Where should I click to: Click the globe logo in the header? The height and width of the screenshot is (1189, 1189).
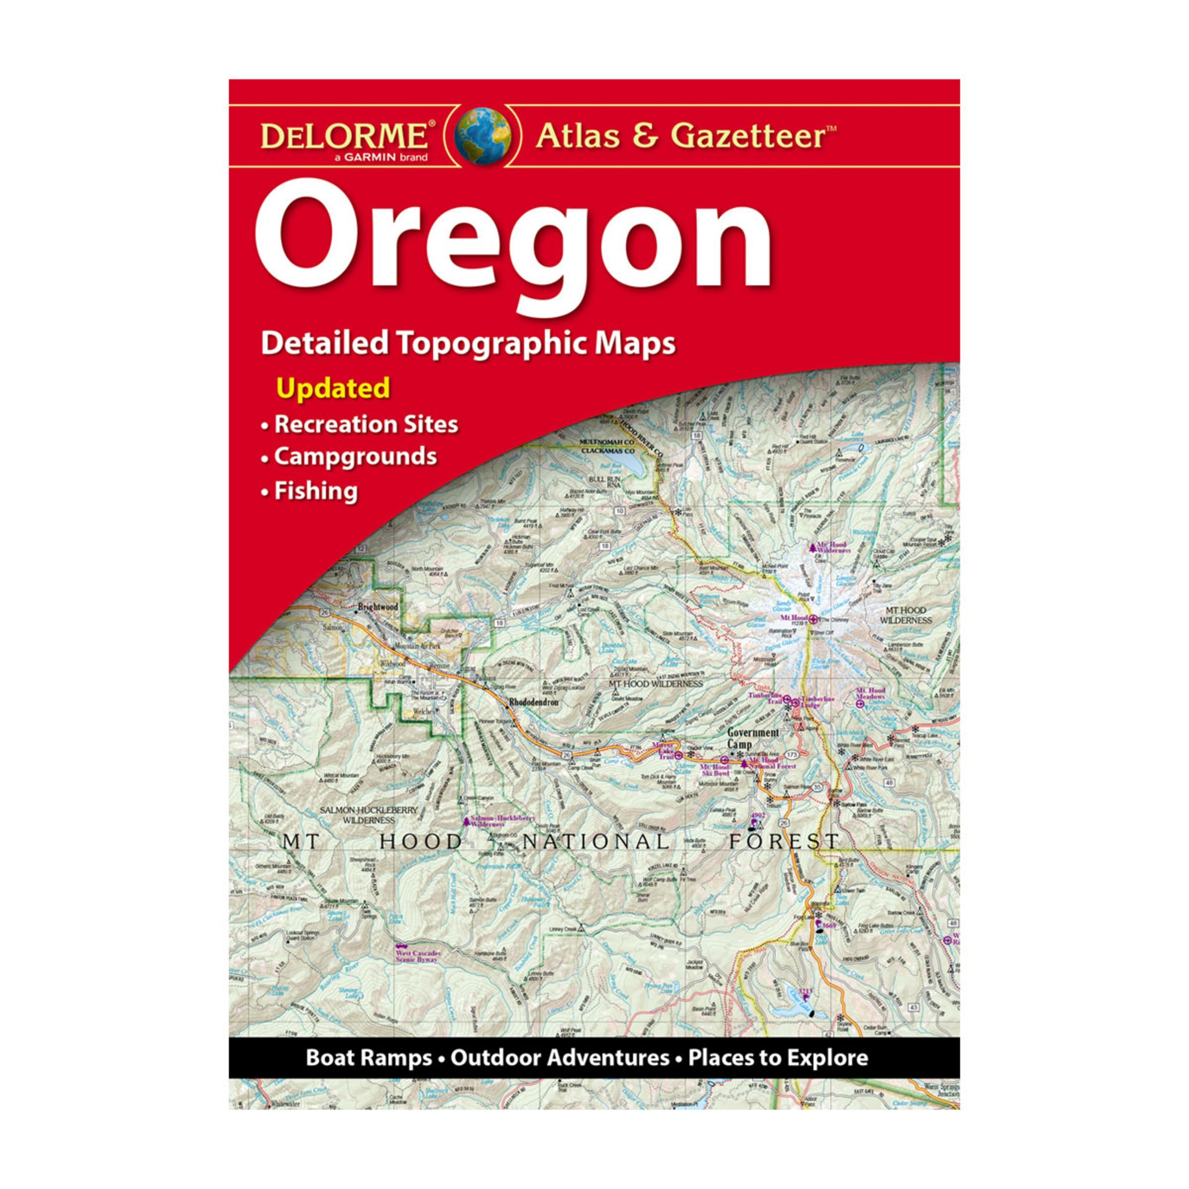pos(482,136)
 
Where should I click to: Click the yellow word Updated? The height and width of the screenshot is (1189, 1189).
pos(333,388)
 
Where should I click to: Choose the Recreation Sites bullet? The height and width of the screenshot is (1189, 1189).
pos(365,424)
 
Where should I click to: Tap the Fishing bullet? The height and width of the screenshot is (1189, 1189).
pos(316,491)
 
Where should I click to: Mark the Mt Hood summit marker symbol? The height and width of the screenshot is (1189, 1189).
pos(814,618)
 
